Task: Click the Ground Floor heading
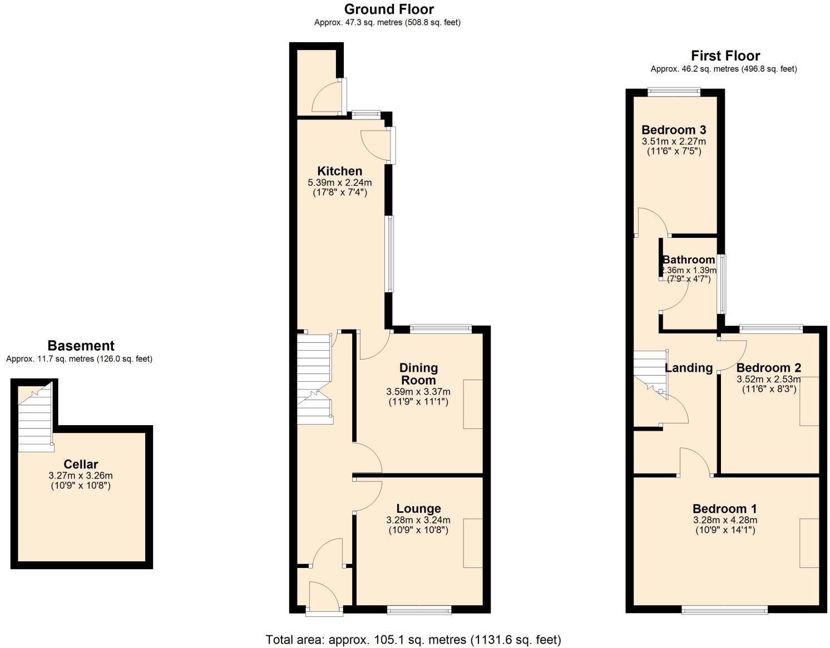click(x=388, y=9)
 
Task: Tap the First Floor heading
click(x=725, y=56)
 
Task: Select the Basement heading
click(x=81, y=346)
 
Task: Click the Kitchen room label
click(x=339, y=171)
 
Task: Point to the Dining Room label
click(x=418, y=374)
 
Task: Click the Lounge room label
click(x=418, y=509)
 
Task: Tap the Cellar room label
click(x=81, y=464)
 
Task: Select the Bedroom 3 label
click(x=674, y=130)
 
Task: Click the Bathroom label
click(x=689, y=260)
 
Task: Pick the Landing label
click(x=689, y=368)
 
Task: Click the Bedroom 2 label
click(x=768, y=368)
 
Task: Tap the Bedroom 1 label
click(x=724, y=509)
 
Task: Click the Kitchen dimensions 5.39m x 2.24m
click(x=339, y=182)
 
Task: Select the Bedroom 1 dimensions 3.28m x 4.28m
click(x=725, y=520)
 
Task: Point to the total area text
click(x=413, y=640)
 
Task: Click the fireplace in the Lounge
click(x=473, y=543)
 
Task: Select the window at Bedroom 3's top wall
click(x=674, y=92)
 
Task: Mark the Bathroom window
click(x=722, y=284)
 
